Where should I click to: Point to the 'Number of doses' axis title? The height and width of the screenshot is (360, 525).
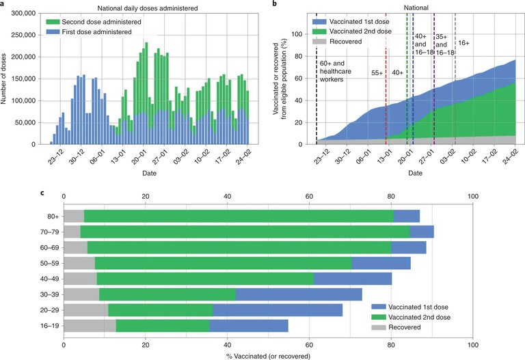point(5,78)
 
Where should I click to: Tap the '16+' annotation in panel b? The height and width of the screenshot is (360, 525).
point(464,42)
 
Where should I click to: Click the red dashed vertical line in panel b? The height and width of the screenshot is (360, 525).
point(386,102)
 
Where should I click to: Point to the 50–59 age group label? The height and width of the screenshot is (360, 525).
point(49,263)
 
